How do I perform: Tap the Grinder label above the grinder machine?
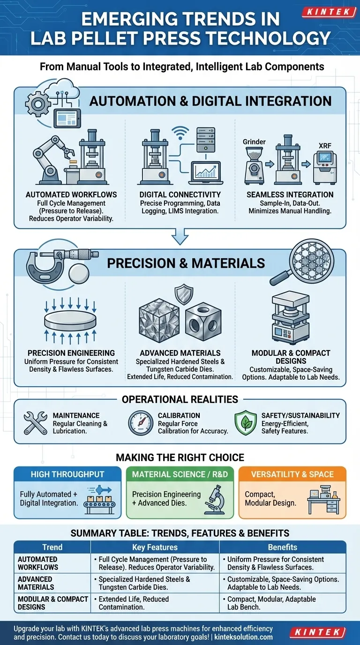click(x=255, y=142)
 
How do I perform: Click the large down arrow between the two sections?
click(x=180, y=237)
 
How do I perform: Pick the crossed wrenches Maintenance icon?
click(x=35, y=423)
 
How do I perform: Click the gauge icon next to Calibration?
click(x=141, y=423)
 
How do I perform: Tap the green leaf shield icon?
click(x=246, y=423)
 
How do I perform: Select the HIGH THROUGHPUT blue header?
click(x=68, y=474)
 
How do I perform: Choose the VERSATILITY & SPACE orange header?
click(x=292, y=474)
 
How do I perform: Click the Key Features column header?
click(x=155, y=547)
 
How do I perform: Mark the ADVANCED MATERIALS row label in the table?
click(x=36, y=583)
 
